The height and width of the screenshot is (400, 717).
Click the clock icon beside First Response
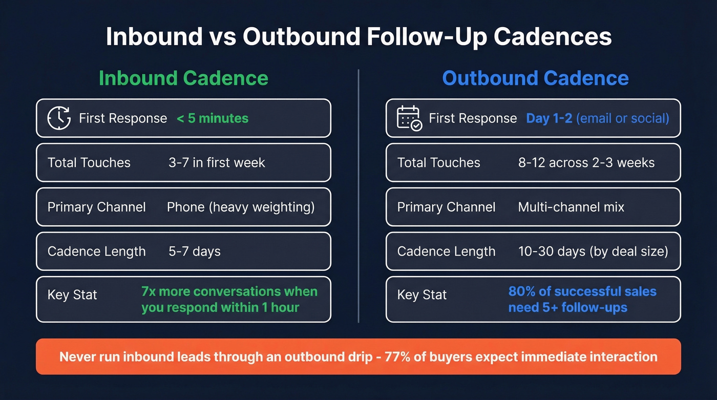coord(59,118)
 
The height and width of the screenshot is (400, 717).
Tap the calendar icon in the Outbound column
coord(409,118)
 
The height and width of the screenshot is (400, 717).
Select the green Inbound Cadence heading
coord(183,78)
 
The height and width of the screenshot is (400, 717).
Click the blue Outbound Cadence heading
coord(535,78)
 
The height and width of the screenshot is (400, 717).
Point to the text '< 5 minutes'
coord(213,118)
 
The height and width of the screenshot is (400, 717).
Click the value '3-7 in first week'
coord(217,163)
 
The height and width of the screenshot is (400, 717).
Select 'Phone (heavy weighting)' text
coord(241,207)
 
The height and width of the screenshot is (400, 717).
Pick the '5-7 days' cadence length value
coord(195,251)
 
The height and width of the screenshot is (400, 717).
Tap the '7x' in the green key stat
coord(149,291)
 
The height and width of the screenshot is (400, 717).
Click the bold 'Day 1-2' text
coord(549,118)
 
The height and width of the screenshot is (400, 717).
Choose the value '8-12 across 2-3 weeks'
coord(586,163)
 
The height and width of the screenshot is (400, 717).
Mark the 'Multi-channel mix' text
coord(571,207)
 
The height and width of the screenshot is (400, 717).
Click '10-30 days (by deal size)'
coord(593,251)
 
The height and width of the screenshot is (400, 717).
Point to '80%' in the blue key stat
coord(521,291)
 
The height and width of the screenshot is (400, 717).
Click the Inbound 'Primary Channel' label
coord(96,207)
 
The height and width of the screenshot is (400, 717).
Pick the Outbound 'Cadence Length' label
coord(446,251)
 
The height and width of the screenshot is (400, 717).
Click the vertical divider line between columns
coord(358,195)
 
